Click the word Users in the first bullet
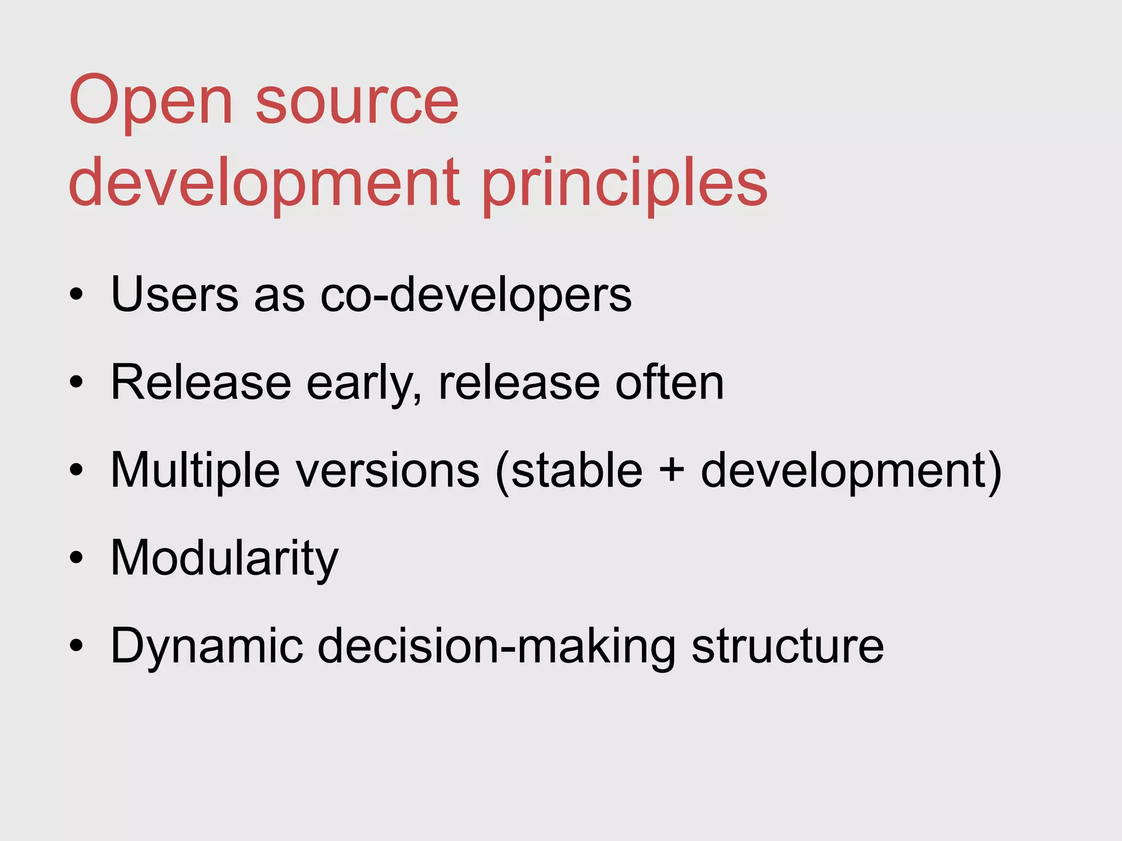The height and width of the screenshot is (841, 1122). coord(174,295)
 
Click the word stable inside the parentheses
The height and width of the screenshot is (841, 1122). coord(576,471)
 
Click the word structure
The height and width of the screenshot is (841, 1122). coord(787,646)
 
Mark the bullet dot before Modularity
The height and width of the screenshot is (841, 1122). coord(76,558)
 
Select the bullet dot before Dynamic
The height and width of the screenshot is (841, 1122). coord(76,646)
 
